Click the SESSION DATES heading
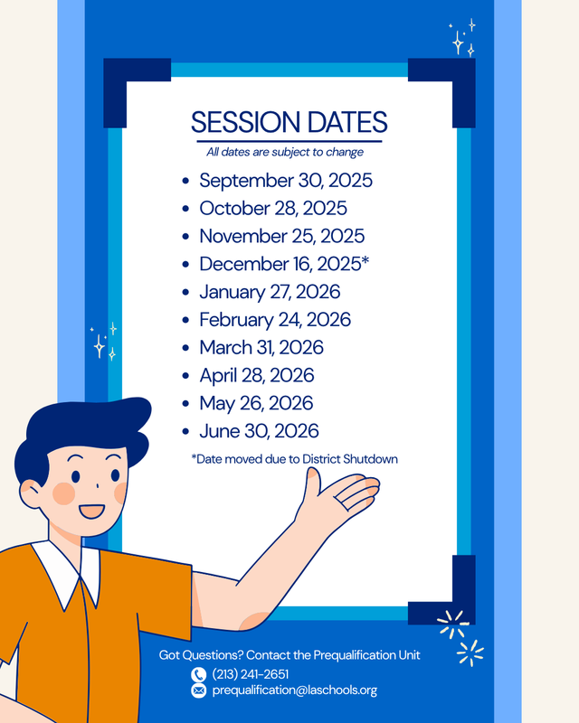289,122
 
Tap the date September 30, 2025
286,181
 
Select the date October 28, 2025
273,209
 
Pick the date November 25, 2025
282,237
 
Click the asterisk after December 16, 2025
365,261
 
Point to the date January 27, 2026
270,293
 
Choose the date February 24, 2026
275,320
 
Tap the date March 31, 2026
261,348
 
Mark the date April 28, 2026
257,375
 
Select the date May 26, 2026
256,403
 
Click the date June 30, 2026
259,431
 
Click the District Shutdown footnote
295,459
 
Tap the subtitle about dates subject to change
285,152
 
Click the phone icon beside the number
199,674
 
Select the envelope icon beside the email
199,690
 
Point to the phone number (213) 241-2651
251,674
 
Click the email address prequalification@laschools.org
294,690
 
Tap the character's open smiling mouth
91,512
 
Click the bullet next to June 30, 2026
185,432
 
